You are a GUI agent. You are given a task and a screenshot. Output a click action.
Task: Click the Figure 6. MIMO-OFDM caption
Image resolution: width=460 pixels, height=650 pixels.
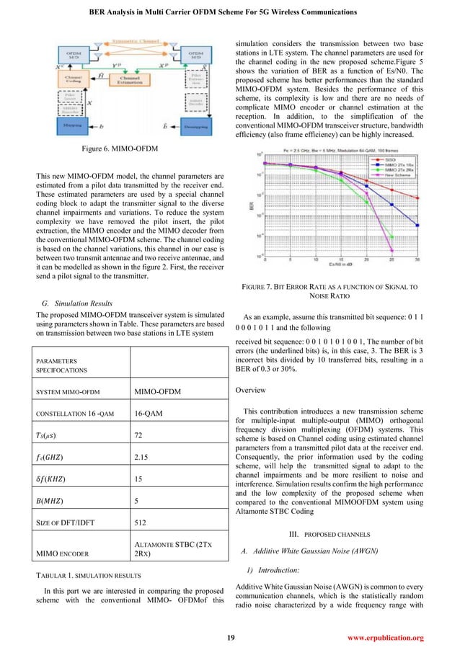[119, 148]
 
